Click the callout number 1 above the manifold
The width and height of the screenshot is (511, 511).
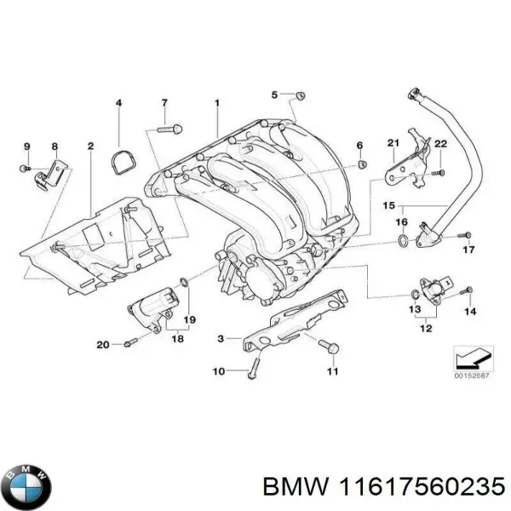(216, 103)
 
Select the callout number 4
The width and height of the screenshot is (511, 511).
(118, 104)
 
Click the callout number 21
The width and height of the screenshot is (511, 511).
(393, 141)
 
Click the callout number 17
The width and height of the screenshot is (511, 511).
(467, 250)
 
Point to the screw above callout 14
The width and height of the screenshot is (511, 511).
(465, 292)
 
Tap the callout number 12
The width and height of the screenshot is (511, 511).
(424, 324)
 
